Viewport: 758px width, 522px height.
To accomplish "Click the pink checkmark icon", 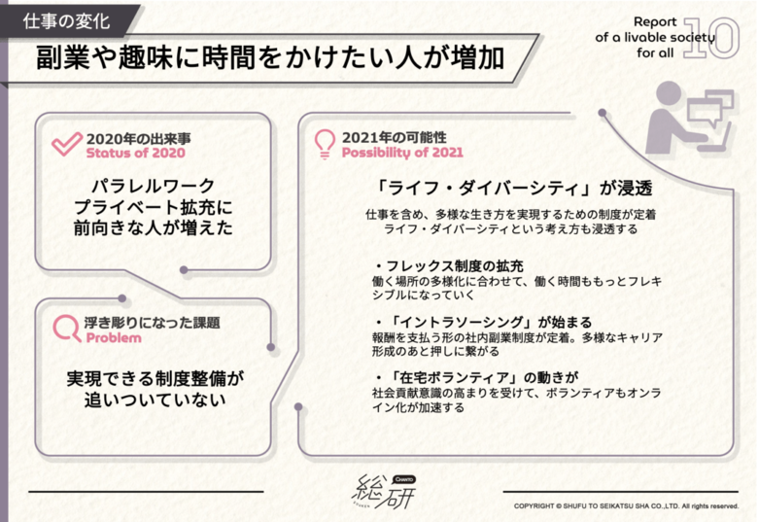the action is [66, 145].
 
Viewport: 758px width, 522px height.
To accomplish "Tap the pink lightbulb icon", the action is [325, 144].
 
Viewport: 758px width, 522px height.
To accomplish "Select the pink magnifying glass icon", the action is [67, 329].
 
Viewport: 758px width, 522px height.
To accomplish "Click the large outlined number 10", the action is [711, 38].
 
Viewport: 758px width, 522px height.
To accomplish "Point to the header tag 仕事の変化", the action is [67, 21].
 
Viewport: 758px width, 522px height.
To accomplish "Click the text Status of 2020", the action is [135, 154].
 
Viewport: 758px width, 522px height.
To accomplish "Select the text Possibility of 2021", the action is [402, 153].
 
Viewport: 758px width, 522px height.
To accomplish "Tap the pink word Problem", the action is [114, 337].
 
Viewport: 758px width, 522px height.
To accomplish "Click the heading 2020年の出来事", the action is [138, 139].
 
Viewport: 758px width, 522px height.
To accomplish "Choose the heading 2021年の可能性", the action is [394, 138].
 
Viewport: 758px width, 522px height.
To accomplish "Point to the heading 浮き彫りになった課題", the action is [153, 323].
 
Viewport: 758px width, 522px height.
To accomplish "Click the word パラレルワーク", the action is [154, 186].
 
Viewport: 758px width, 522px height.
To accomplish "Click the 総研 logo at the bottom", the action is [383, 491].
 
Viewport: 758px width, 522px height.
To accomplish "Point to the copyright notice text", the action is [626, 506].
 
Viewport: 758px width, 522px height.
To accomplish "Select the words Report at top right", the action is [655, 21].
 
